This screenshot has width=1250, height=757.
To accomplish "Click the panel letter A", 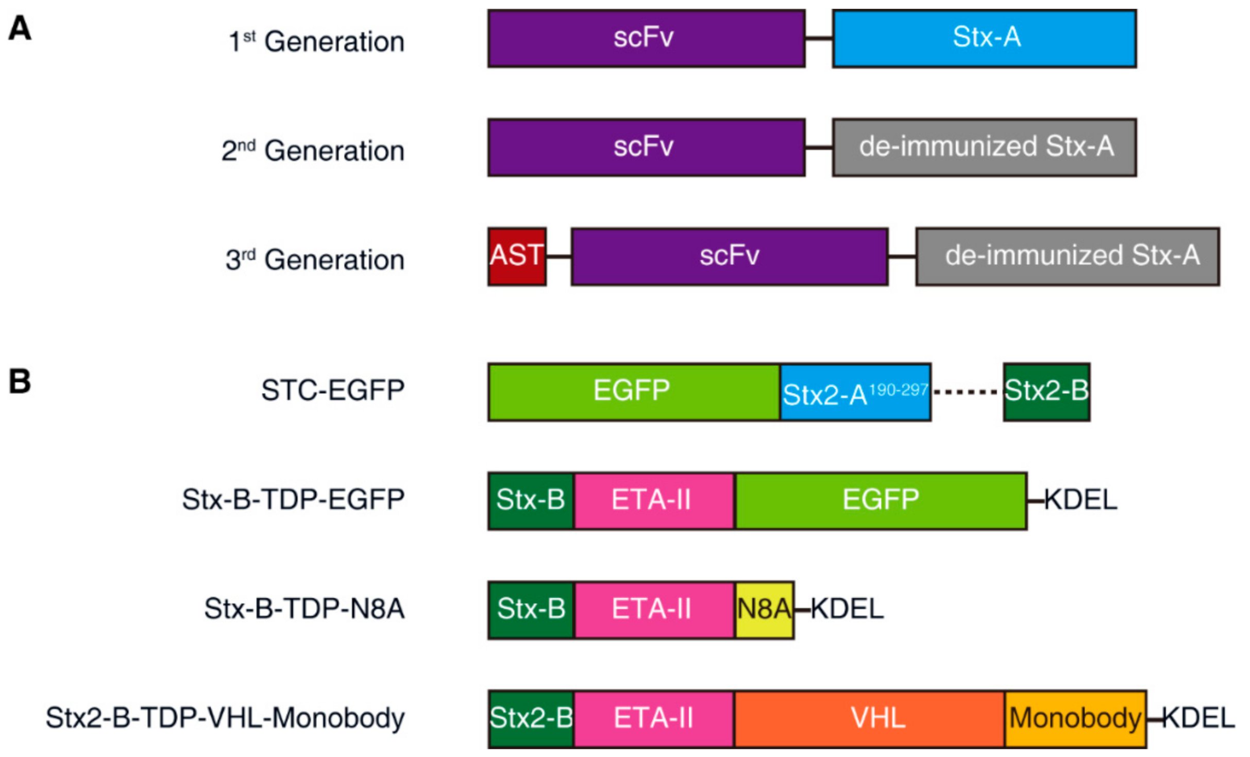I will point(20,29).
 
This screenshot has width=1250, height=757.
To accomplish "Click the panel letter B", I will point(20,382).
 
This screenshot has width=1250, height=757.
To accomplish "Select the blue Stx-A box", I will point(984,39).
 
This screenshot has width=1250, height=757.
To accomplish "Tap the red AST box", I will point(517,257).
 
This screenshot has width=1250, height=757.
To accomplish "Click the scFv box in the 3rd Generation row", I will point(729,257).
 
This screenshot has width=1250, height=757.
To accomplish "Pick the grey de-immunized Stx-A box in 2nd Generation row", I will point(984,147).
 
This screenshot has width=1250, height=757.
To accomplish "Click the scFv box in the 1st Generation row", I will point(646,39).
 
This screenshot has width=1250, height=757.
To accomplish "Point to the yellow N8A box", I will point(764,610).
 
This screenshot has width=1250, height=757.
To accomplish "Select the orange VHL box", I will point(869,719).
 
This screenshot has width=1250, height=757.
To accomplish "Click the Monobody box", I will point(1075,719).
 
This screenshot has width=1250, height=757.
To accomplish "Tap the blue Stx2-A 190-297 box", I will point(855,393).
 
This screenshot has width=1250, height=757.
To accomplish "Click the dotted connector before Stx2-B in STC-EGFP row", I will point(967,393).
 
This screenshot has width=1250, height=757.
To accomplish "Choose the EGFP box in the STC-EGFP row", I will point(634,392).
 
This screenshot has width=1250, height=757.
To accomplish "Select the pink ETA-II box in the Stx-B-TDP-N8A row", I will point(653,610).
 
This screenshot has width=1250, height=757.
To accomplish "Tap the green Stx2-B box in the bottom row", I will point(531,719).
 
